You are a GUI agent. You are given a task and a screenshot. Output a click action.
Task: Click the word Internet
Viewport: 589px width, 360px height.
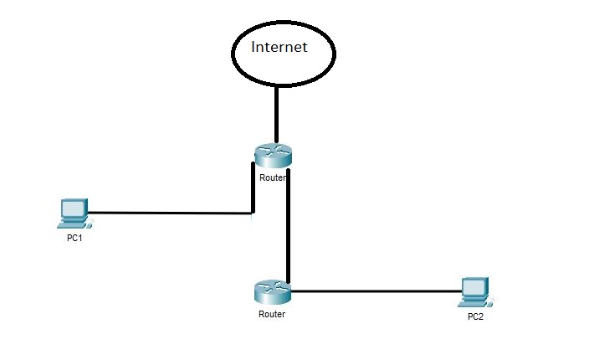[x=279, y=47]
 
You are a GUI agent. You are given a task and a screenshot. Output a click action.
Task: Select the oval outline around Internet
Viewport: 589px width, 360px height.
[x=232, y=54]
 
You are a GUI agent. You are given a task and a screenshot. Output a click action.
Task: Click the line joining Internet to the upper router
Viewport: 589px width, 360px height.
[x=276, y=115]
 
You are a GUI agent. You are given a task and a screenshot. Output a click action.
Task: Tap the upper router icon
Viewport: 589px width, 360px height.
[x=273, y=156]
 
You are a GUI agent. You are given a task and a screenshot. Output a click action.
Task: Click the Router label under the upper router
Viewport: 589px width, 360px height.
[x=273, y=177]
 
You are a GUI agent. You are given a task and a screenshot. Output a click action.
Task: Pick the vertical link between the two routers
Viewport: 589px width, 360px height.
[x=288, y=226]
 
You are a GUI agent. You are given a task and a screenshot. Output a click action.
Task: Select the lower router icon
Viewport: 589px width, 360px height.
[x=273, y=292]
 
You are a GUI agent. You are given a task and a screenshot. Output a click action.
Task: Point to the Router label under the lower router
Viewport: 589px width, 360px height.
[x=272, y=314]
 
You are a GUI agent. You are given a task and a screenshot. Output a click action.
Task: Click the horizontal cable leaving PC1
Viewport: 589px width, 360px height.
[x=170, y=213]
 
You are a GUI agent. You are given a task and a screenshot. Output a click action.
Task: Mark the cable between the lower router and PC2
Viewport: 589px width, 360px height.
[x=376, y=291]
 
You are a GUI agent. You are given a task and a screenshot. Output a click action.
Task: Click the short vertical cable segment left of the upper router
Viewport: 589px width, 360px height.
[x=254, y=188]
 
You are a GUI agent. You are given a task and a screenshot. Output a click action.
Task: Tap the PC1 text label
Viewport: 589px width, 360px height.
[x=74, y=238]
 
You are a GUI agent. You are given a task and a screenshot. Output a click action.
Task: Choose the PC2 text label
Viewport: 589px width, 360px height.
[x=475, y=316]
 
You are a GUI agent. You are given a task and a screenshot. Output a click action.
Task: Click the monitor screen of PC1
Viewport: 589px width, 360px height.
[x=74, y=208]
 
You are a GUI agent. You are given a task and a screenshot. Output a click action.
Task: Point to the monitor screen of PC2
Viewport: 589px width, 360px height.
[x=474, y=287]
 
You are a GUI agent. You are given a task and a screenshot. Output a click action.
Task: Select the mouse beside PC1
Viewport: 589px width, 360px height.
[x=90, y=224]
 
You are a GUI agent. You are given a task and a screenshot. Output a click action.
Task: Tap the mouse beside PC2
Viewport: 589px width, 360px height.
[x=490, y=303]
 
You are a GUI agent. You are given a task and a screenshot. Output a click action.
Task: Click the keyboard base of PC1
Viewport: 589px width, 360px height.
[x=72, y=224]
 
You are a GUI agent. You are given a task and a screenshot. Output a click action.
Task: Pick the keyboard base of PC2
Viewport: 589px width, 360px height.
[x=473, y=304]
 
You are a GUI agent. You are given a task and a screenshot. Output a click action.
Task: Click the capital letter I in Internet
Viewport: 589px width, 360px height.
[x=253, y=47]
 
